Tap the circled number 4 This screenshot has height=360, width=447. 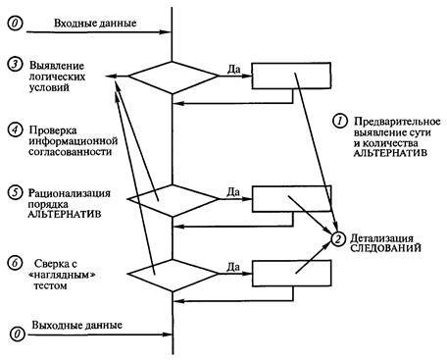point(14,129)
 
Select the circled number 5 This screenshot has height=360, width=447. point(14,191)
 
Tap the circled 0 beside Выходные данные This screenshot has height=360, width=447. point(14,334)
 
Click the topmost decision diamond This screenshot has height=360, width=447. point(173,76)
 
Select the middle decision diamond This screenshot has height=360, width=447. point(173,197)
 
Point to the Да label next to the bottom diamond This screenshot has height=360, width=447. point(232,265)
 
